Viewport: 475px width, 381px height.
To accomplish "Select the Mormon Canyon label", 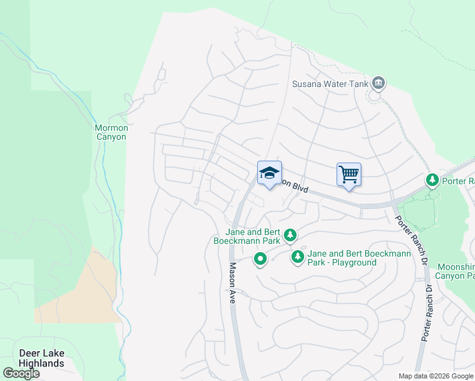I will tap(112, 132).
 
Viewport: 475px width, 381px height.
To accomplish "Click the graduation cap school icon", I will tap(269, 173).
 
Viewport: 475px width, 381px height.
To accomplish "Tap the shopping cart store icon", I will tap(349, 174).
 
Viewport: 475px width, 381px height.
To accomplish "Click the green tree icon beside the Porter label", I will tap(432, 181).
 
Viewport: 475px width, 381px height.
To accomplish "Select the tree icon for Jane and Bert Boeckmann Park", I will tap(290, 236).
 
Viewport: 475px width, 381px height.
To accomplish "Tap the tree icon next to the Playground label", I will tap(297, 257).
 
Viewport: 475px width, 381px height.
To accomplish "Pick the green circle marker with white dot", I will tap(260, 259).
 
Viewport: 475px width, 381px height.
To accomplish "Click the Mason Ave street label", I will tap(232, 283).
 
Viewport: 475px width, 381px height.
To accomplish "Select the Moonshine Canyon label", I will tap(455, 271).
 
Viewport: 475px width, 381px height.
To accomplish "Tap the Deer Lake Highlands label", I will tap(41, 358).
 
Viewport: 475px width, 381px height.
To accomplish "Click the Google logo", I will tap(21, 373).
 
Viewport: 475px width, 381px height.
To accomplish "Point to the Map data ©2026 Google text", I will tap(436, 376).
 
